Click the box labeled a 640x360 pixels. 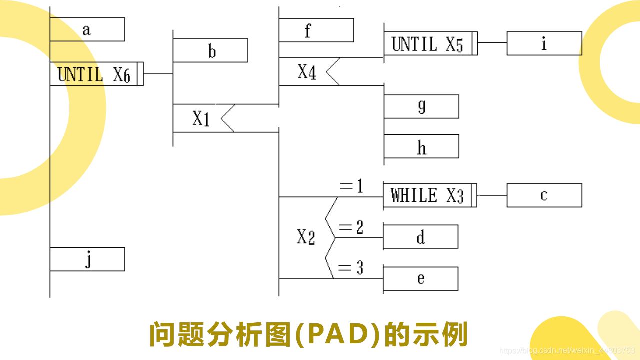tap(87, 29)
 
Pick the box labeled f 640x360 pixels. tap(316, 30)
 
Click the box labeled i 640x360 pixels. tap(544, 43)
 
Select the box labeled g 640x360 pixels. tap(421, 106)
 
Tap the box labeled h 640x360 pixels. tap(421, 146)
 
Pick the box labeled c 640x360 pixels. tap(544, 195)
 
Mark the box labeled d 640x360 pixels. tap(420, 237)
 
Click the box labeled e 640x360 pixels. tap(420, 278)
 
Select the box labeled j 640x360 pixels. tap(87, 259)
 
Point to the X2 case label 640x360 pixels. tap(306, 238)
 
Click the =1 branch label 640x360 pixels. tap(351, 187)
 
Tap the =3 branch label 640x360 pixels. tap(351, 269)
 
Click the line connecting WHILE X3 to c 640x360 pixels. tap(492, 195)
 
